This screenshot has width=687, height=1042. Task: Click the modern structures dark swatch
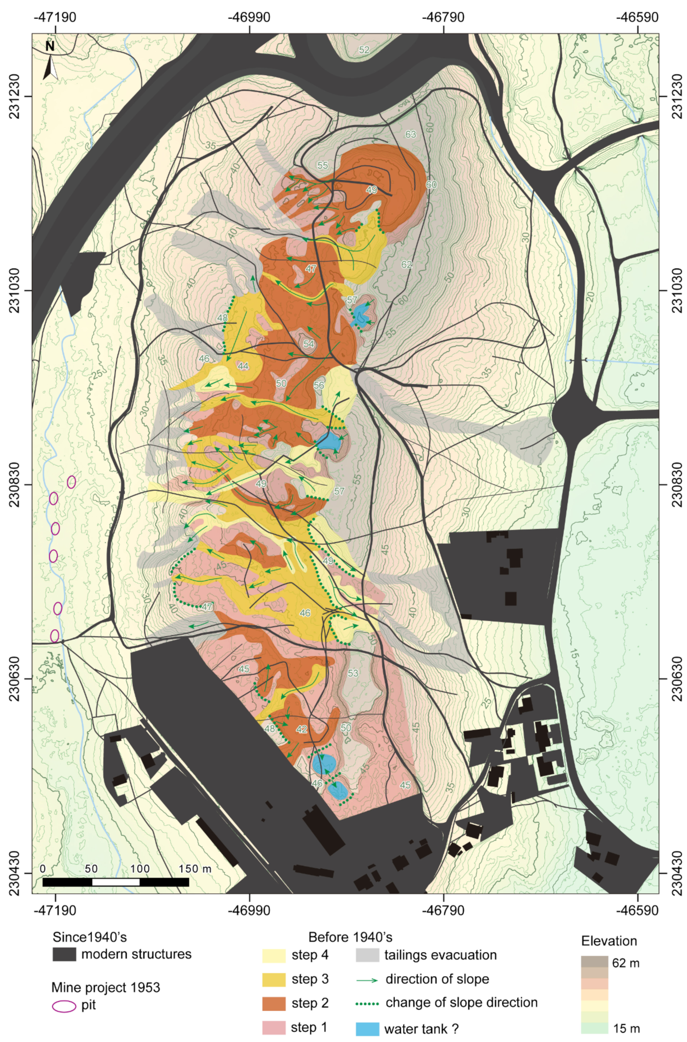coord(64,954)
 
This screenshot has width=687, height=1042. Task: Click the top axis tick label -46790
coord(443,17)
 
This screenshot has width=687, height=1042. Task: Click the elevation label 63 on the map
coord(410,134)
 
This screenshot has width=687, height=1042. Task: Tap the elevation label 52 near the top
coord(364,50)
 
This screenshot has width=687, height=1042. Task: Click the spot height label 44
coord(243,366)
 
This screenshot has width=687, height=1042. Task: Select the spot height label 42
coord(301,729)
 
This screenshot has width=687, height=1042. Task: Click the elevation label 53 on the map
coord(353,673)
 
